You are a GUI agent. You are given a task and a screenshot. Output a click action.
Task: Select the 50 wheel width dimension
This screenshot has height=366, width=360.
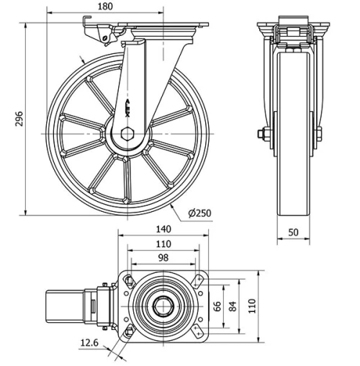coord(294,232)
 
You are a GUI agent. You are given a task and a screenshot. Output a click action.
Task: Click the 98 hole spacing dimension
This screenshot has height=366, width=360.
coord(163,257)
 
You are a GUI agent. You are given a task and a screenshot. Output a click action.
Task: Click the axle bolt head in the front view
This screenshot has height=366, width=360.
coord(262,133)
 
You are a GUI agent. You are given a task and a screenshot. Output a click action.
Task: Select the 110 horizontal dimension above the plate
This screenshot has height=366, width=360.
coord(163,244)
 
